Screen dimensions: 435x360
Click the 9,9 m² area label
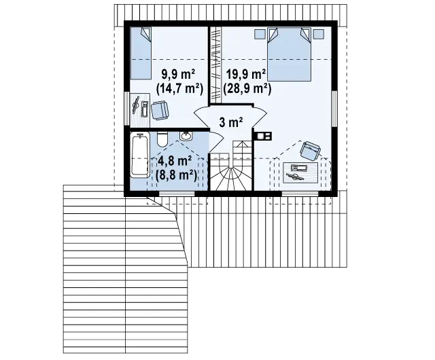click(x=178, y=75)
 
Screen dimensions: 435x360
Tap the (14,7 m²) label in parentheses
click(x=179, y=88)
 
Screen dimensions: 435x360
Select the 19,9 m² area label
click(x=246, y=75)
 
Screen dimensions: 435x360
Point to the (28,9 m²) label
click(x=247, y=88)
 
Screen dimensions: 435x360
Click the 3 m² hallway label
click(x=231, y=122)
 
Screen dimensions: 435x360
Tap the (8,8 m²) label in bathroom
click(x=176, y=175)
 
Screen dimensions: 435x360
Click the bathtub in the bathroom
click(x=140, y=154)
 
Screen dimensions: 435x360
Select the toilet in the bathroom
click(x=162, y=139)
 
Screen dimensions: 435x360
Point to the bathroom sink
click(x=186, y=136)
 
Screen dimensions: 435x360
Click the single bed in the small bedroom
click(x=141, y=53)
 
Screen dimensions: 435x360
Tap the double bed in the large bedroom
click(x=289, y=54)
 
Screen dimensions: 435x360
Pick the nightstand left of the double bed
click(x=260, y=34)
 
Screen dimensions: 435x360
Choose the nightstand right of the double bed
click(x=319, y=34)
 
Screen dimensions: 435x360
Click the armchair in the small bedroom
click(x=160, y=111)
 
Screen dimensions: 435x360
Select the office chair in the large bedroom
click(x=310, y=150)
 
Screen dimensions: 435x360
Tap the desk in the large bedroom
click(x=300, y=173)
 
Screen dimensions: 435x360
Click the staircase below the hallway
click(x=231, y=166)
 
